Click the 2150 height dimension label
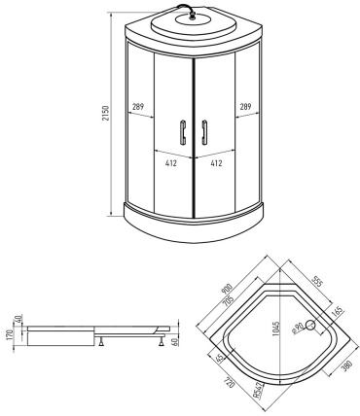coord(106,113)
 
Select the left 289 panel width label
coord(138,107)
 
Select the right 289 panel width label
coord(245,107)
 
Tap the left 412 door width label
coord(171,163)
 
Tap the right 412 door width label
coord(216,163)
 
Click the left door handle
coord(183,132)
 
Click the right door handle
coord(204,132)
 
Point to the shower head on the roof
coord(193,17)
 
